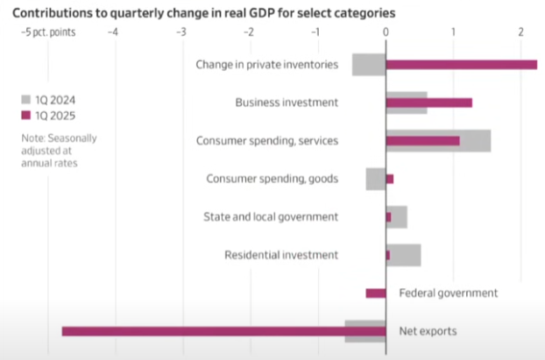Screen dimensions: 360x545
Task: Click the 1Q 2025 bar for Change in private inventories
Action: click(x=461, y=64)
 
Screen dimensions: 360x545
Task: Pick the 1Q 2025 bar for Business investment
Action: click(x=428, y=102)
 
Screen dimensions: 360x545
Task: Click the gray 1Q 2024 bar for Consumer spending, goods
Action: click(x=375, y=179)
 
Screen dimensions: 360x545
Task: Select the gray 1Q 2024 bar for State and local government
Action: click(x=400, y=216)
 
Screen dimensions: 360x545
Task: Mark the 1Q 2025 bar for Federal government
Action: click(x=376, y=293)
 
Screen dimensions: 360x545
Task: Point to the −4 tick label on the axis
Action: click(x=113, y=32)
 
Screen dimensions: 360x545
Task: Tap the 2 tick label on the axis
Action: click(x=521, y=32)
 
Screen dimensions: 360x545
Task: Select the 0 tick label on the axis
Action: click(x=386, y=32)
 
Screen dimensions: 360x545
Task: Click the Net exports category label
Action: click(x=428, y=331)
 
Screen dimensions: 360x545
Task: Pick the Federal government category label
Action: click(x=448, y=293)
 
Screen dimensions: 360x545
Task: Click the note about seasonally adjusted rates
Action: click(x=60, y=151)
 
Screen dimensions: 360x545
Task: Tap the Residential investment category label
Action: click(x=280, y=255)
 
